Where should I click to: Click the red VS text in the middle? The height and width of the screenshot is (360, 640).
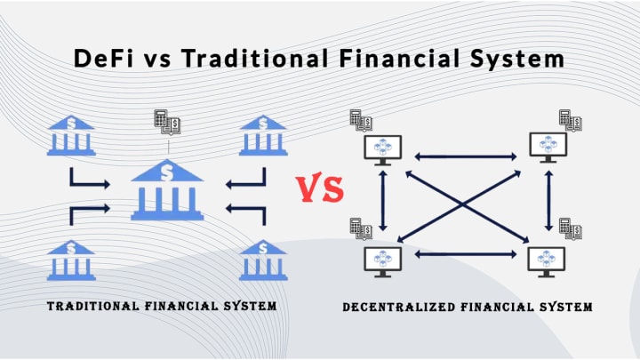click(x=319, y=188)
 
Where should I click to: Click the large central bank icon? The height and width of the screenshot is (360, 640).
click(x=167, y=190)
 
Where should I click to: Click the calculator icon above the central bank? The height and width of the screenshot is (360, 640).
click(x=166, y=121)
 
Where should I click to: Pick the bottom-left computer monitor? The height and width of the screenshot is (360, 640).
click(x=382, y=260)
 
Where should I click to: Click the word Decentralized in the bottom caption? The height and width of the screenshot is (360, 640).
click(x=399, y=308)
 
